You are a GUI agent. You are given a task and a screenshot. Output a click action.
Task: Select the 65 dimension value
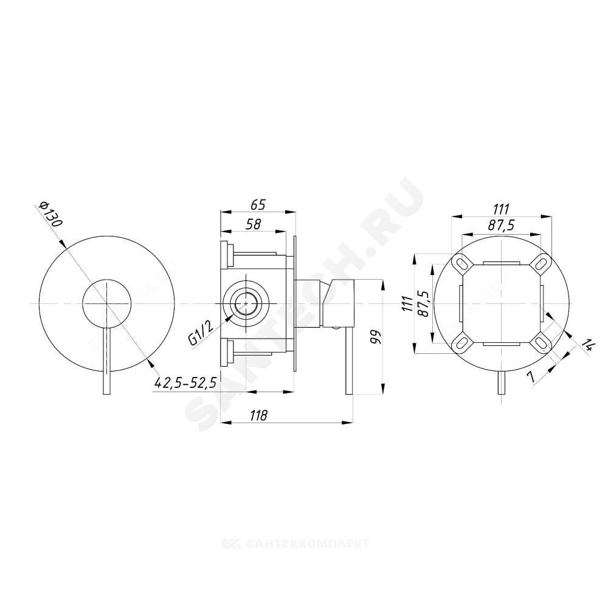coord(258,204)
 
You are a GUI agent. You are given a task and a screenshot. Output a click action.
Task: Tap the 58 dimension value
coord(254,224)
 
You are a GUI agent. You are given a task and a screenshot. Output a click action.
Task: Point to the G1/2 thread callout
coord(201,333)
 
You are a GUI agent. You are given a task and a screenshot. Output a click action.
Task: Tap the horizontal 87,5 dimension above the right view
coord(501,226)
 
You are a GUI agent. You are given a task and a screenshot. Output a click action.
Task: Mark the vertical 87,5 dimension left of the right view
coord(424,302)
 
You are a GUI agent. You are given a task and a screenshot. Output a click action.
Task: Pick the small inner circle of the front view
coord(106,302)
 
